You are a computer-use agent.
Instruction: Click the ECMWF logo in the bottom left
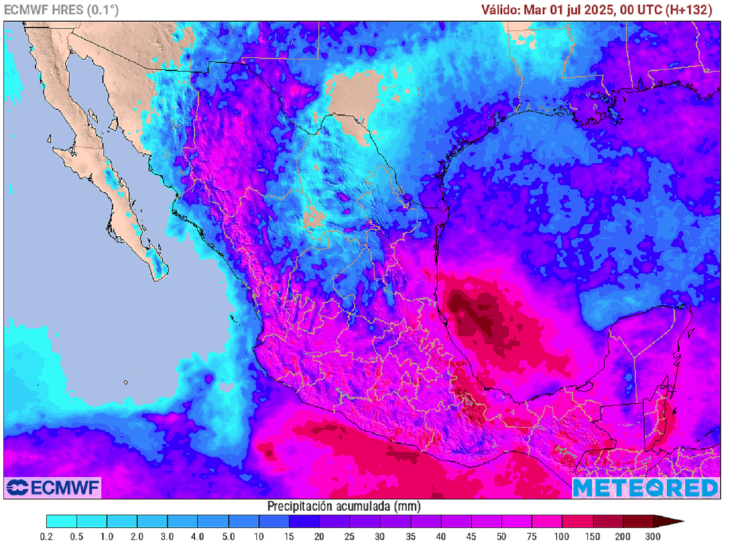pyautogui.click(x=53, y=488)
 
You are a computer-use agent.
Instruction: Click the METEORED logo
pyautogui.click(x=646, y=488)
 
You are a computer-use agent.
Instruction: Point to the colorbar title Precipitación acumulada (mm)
pyautogui.click(x=344, y=506)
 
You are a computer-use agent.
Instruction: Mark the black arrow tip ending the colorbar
pyautogui.click(x=678, y=521)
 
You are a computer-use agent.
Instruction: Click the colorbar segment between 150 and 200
pyautogui.click(x=608, y=521)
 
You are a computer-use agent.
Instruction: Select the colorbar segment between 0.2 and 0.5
pyautogui.click(x=61, y=521)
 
